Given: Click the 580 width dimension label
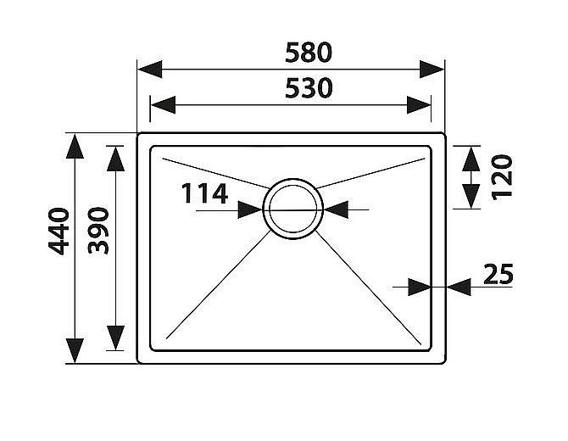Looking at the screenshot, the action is click(x=309, y=53).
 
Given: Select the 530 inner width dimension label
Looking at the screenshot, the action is click(x=309, y=88).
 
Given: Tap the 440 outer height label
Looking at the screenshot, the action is click(x=58, y=232).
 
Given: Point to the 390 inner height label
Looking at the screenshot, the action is click(x=98, y=231).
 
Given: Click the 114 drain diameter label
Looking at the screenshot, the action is click(x=204, y=193).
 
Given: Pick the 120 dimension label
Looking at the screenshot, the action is click(x=502, y=177).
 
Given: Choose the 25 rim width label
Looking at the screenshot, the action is click(x=498, y=274).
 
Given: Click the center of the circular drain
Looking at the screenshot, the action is click(x=293, y=209).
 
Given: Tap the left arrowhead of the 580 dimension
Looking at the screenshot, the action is click(x=150, y=70).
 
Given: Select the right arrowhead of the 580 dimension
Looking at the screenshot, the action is click(x=432, y=70).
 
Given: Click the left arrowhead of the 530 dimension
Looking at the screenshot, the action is click(x=163, y=105).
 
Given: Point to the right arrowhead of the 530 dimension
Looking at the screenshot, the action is click(x=419, y=105).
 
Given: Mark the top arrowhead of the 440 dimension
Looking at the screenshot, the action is click(x=75, y=147).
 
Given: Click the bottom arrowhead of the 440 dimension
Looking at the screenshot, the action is click(x=75, y=351).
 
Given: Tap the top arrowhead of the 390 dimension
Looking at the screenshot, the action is click(x=115, y=159).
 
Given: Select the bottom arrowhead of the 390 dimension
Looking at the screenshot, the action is click(x=115, y=338).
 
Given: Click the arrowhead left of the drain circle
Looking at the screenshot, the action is click(x=250, y=209).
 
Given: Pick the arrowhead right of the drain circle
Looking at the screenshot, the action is click(x=337, y=209).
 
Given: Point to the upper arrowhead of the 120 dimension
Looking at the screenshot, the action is click(x=471, y=159).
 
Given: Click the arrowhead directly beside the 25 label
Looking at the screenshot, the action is click(x=459, y=287).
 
